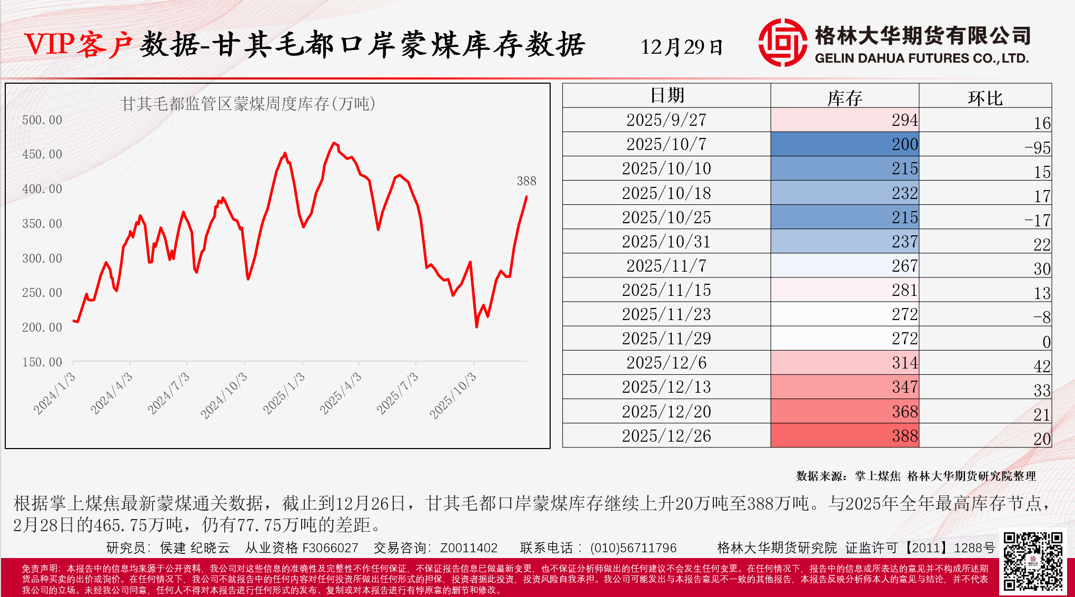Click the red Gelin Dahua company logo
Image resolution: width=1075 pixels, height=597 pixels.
click(782, 43)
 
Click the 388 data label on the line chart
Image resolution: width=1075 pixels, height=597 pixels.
click(526, 181)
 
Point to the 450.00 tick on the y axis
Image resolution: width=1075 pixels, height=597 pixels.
click(42, 154)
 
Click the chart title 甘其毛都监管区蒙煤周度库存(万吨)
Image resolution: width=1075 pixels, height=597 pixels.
click(248, 104)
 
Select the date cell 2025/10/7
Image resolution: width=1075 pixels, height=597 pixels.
click(666, 144)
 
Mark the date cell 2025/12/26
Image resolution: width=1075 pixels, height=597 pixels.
click(666, 436)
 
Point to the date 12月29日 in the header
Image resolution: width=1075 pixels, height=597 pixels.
click(682, 47)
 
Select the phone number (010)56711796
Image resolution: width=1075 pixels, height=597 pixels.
click(633, 548)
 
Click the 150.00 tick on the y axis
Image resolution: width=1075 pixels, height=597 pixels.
click(42, 362)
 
